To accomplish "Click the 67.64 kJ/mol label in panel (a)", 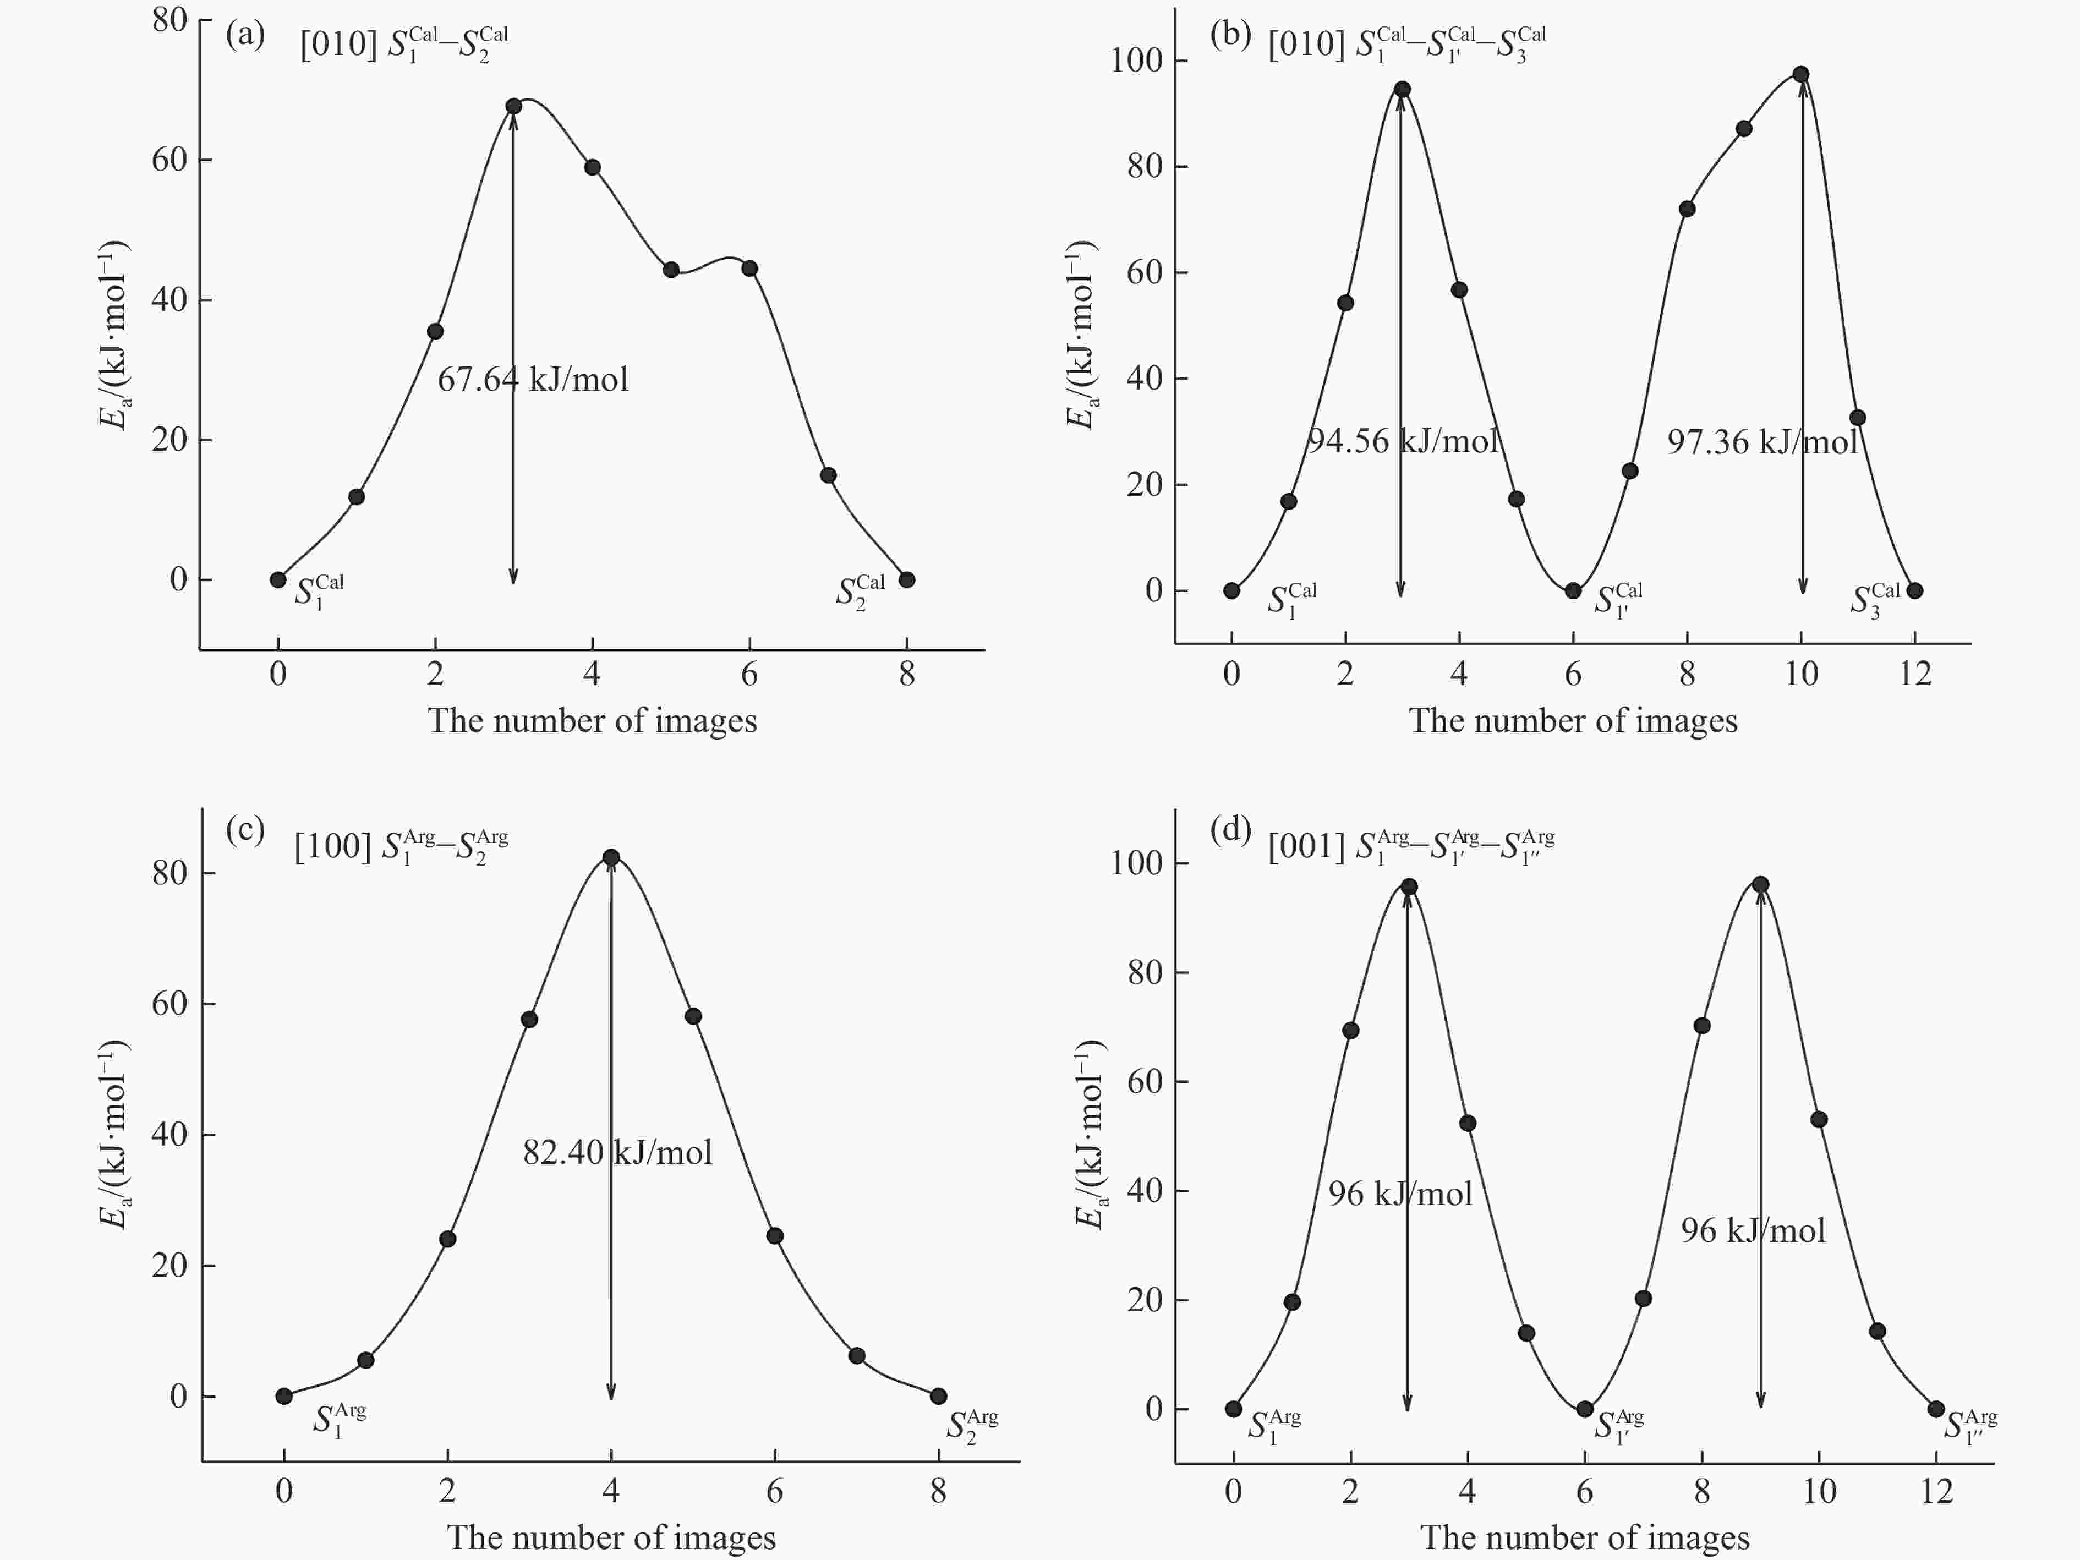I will tap(532, 380).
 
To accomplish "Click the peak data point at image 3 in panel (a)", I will tap(513, 106).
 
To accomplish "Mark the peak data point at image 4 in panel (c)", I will tap(611, 857).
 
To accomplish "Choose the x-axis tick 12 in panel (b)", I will tap(1914, 674).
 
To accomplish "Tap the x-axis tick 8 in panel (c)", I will tap(938, 1491).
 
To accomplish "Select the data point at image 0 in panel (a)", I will tap(278, 580).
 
